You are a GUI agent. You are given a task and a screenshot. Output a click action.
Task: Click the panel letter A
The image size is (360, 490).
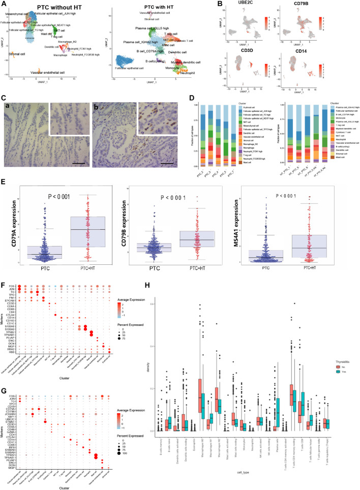coord(4,4)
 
